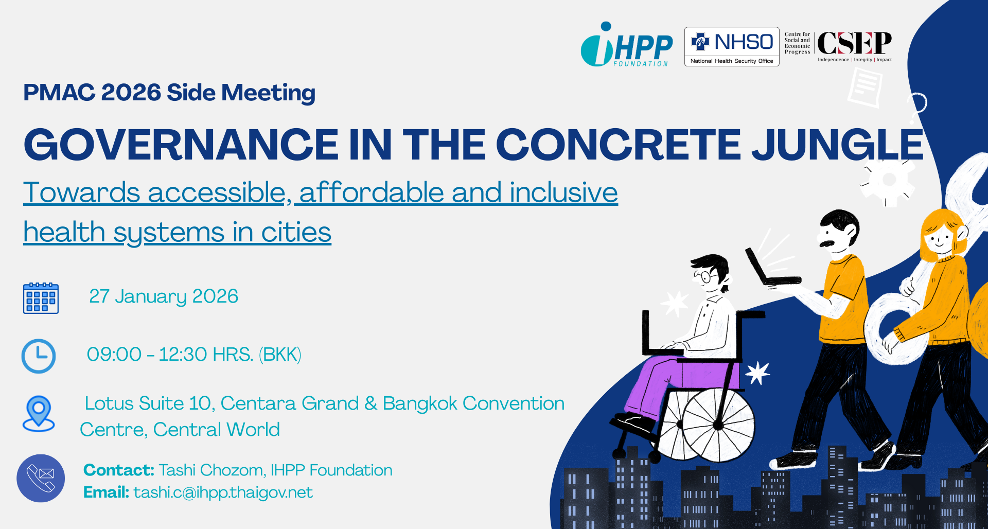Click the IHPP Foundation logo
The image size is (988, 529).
coord(626,44)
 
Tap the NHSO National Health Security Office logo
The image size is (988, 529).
coord(732,47)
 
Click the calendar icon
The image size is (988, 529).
coord(41,298)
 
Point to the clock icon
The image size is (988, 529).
coord(39,356)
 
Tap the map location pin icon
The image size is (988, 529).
coord(39,414)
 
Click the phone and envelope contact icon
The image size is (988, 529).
coord(41,478)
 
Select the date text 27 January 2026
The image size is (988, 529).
coord(164,296)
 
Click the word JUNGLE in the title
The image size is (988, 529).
coord(838,145)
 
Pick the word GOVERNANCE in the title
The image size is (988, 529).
coord(181,145)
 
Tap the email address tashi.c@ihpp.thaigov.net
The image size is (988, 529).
coord(223,492)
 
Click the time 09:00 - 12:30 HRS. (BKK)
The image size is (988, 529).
coord(194,355)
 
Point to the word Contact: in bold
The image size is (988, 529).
coord(119,470)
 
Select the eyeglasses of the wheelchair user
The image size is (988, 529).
coord(707,277)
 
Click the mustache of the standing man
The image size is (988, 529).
coord(827,242)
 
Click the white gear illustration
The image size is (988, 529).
coord(888,180)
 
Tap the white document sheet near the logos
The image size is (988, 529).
coord(865,87)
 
